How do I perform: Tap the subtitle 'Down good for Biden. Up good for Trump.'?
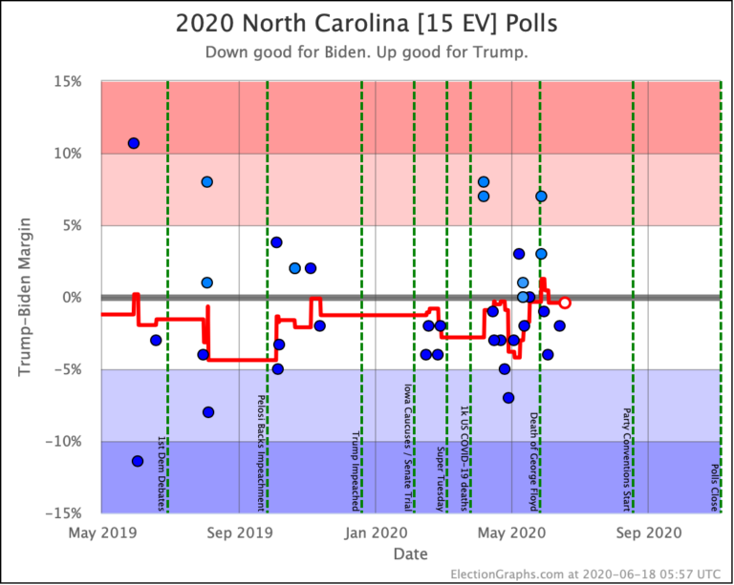pyautogui.click(x=366, y=52)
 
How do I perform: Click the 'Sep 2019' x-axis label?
pyautogui.click(x=239, y=532)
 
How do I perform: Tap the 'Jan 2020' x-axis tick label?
pyautogui.click(x=376, y=532)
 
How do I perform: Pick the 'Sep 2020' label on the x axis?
pyautogui.click(x=648, y=532)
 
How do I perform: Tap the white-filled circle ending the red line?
pyautogui.click(x=565, y=303)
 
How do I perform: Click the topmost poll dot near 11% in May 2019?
pyautogui.click(x=134, y=143)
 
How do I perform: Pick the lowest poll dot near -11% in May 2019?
pyautogui.click(x=138, y=461)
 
